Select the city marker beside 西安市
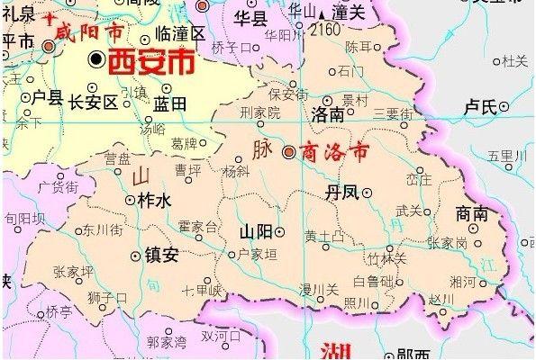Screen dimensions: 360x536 coord(96,59)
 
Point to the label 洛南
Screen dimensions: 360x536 coord(327,116)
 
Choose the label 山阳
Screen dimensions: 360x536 coord(255,231)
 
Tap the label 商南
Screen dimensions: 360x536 coord(472,214)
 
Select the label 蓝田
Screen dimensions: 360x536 coord(169,104)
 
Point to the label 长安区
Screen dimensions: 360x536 coord(94,102)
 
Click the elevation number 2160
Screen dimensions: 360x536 coord(327,30)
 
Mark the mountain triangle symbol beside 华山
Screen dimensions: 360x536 coord(322,13)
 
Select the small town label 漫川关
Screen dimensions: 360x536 coord(320,289)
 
